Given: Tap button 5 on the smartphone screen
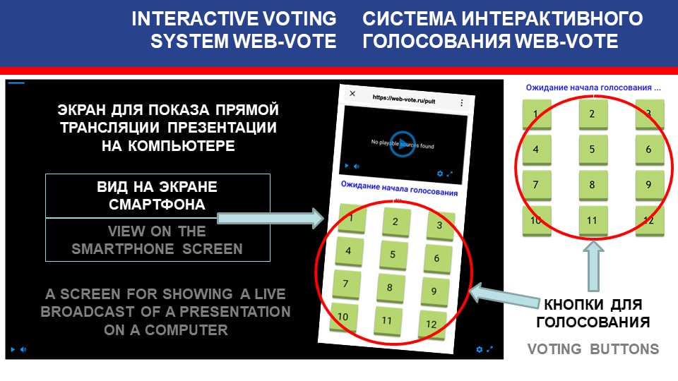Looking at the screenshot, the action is click(x=393, y=255).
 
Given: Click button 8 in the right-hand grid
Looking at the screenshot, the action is click(x=593, y=186).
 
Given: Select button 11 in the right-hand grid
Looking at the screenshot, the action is click(x=593, y=221).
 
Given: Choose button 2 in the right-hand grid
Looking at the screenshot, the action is click(x=593, y=114).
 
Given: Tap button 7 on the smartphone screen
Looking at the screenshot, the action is click(x=346, y=284).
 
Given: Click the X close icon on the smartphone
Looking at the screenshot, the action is click(x=352, y=93).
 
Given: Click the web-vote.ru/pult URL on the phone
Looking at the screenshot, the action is click(x=404, y=99).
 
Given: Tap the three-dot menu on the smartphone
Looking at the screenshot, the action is click(x=462, y=103).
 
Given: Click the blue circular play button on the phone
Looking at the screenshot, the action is click(x=403, y=144).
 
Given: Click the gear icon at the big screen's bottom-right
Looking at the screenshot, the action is click(x=479, y=349).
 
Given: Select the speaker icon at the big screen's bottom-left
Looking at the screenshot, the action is click(x=23, y=349).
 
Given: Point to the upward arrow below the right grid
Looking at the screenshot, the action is click(x=593, y=266).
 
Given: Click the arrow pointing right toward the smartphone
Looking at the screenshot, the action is click(x=270, y=218).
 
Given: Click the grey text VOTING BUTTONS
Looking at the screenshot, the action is click(x=593, y=349).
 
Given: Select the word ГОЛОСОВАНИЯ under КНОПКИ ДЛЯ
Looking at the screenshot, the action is click(x=593, y=322).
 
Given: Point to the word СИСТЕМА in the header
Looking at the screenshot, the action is click(x=409, y=18).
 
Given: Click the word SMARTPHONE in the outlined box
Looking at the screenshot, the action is click(x=123, y=249).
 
